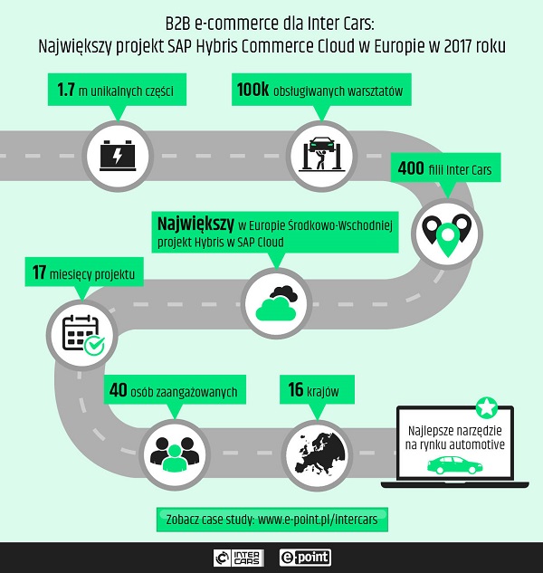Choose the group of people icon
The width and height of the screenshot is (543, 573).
(169, 448)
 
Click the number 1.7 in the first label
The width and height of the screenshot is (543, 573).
(67, 91)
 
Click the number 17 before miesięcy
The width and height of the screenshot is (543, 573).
(39, 272)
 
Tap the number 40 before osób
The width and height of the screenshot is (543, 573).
(117, 392)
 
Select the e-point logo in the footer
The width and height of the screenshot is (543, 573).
(307, 558)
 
